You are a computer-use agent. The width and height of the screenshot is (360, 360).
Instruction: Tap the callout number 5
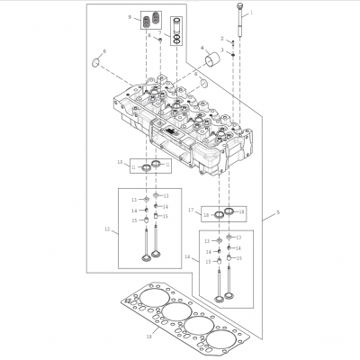click(278, 212)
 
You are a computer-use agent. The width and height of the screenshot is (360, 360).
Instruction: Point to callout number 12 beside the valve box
click(107, 230)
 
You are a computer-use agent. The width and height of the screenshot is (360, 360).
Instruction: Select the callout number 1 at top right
click(251, 13)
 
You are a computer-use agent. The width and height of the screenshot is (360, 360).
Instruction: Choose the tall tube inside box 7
click(177, 26)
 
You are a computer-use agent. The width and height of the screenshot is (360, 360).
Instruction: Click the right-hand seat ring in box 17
click(229, 211)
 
